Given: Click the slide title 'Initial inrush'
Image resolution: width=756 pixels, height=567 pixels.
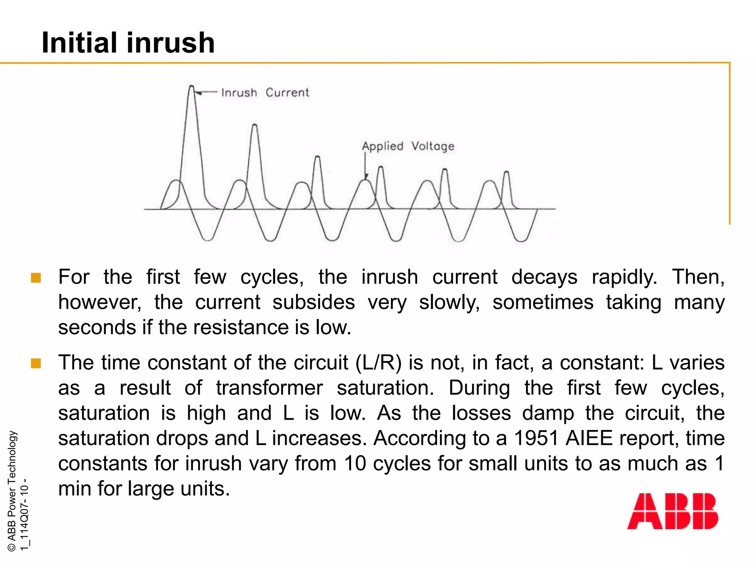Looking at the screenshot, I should click(x=128, y=43).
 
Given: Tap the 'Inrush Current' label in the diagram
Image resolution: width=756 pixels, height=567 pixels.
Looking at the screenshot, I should click(x=265, y=92).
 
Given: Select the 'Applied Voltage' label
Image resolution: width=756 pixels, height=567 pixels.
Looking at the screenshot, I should click(x=408, y=146).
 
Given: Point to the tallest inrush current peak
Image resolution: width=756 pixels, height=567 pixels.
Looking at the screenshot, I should click(x=191, y=87).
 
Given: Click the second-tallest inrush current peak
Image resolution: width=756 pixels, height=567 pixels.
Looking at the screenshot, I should click(x=254, y=126).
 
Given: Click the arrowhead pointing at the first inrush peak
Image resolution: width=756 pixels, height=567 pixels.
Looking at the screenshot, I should click(x=198, y=93).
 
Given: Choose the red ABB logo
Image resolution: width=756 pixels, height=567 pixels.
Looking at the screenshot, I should click(x=673, y=511).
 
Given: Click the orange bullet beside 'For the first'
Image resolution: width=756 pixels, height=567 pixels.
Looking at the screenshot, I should click(x=36, y=278).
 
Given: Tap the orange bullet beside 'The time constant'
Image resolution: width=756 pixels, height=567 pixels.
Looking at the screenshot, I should click(x=36, y=363).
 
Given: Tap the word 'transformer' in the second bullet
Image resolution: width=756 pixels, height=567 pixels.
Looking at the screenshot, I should click(x=269, y=388).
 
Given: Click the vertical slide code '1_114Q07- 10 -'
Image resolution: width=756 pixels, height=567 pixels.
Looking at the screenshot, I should click(x=24, y=515).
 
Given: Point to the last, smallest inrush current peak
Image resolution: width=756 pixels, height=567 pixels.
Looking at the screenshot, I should click(x=506, y=173).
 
